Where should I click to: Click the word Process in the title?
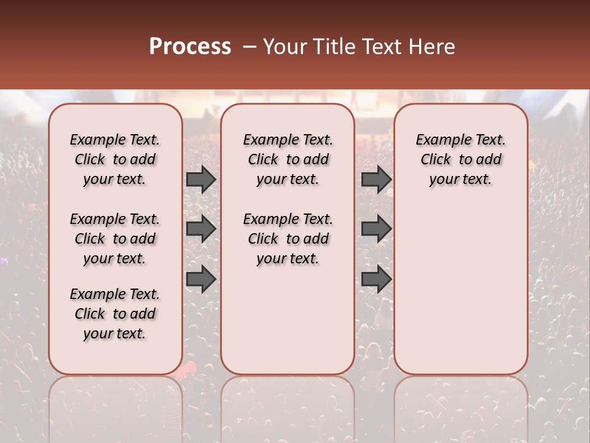coord(190,47)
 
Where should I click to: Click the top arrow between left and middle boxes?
coord(201,180)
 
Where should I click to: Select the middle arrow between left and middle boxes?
coord(201,229)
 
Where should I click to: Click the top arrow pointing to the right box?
coord(376,180)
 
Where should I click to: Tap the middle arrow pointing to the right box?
coord(376,229)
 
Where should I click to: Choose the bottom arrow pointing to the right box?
coord(376,279)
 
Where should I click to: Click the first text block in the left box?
coord(115,159)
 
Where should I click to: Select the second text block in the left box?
coord(115,239)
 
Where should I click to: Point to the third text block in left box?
coord(115,314)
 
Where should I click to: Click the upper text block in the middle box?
coord(288,159)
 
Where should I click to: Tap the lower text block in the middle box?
coord(288,239)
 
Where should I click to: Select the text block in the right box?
coord(460,159)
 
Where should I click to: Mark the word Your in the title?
coord(283,47)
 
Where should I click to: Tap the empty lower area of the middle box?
coord(288,320)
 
